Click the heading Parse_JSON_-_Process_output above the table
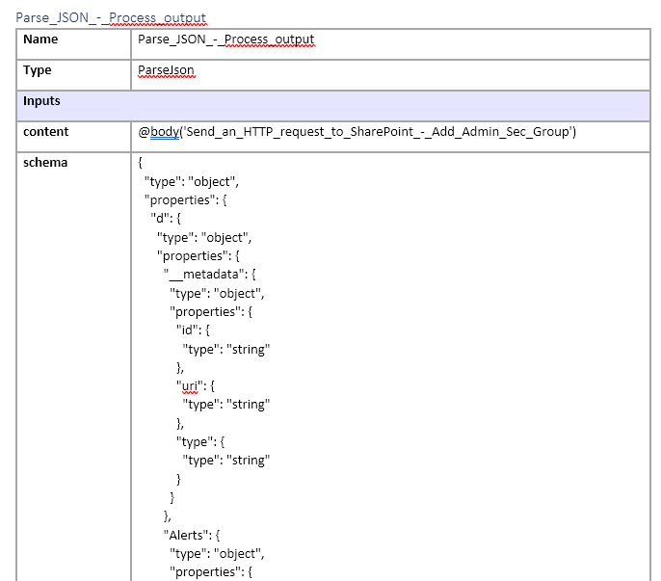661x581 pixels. click(x=111, y=17)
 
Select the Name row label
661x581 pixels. click(x=40, y=40)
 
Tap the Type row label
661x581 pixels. click(x=38, y=70)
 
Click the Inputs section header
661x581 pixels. click(x=41, y=101)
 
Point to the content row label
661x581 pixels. click(x=45, y=132)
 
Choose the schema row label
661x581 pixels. click(x=45, y=163)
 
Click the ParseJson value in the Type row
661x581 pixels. click(x=167, y=70)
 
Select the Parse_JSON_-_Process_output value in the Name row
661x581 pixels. click(x=226, y=40)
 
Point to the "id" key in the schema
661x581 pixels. click(x=186, y=330)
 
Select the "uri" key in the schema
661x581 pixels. click(x=188, y=386)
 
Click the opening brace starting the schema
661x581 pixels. click(x=142, y=163)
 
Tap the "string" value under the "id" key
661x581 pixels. click(x=248, y=349)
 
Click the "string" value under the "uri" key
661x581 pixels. click(x=248, y=405)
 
